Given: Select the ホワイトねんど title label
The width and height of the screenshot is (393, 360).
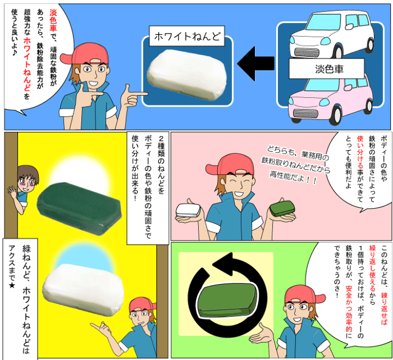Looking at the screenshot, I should (x=187, y=38).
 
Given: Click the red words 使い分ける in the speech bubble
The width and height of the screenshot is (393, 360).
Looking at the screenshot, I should (x=360, y=154).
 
